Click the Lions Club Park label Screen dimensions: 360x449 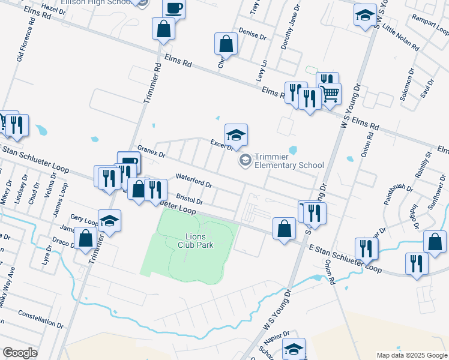coord(196,241)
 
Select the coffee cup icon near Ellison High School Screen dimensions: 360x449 coord(173,8)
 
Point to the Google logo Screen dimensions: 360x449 coord(20,353)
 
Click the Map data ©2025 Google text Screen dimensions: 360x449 coord(412,355)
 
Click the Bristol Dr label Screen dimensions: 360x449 coord(190,199)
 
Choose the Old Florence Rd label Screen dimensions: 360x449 coord(25,37)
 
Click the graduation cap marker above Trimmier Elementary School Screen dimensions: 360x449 coord(236,135)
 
